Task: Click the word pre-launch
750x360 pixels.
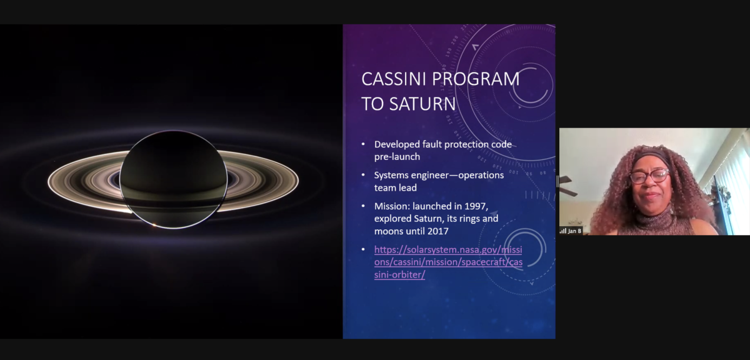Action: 397,157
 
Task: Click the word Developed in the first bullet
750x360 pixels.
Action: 396,144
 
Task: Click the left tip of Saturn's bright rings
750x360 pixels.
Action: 50,181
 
